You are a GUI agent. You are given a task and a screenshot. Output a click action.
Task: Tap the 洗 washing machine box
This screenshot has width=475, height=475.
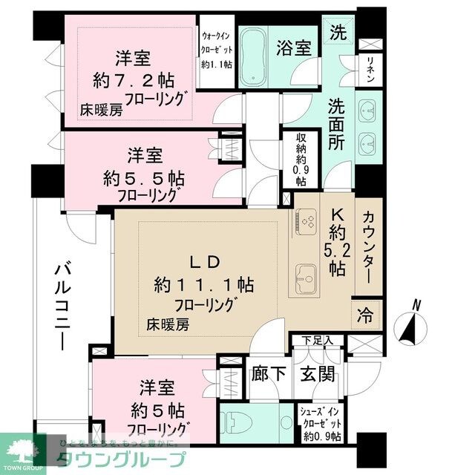click(338, 33)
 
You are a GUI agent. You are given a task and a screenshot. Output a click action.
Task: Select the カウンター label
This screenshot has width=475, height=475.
click(369, 246)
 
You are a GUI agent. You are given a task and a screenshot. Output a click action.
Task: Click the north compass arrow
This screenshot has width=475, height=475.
click(410, 325)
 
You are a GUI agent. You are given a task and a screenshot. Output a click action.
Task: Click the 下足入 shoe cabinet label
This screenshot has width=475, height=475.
click(317, 341)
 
